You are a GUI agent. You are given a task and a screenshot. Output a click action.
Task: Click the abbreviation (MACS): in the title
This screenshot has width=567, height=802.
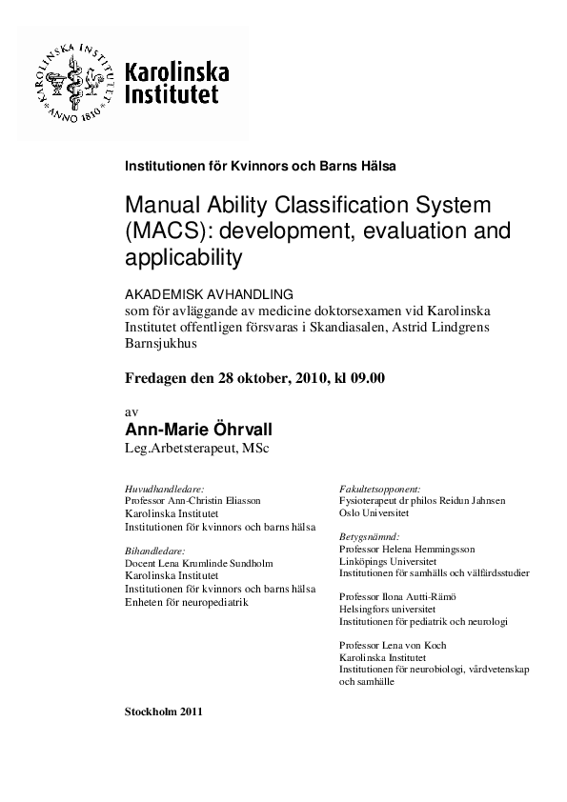pos(171,231)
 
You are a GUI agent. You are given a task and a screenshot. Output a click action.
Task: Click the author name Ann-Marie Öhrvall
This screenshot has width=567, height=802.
pos(200,431)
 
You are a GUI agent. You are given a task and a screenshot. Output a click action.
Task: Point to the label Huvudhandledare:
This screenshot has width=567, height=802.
pos(164,488)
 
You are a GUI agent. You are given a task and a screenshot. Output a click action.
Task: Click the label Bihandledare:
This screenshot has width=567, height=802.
pos(154,551)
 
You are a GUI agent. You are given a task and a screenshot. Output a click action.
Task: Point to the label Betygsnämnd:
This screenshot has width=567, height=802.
pos(369,537)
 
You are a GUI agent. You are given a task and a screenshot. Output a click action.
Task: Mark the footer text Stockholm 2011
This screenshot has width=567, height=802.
pos(163,712)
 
